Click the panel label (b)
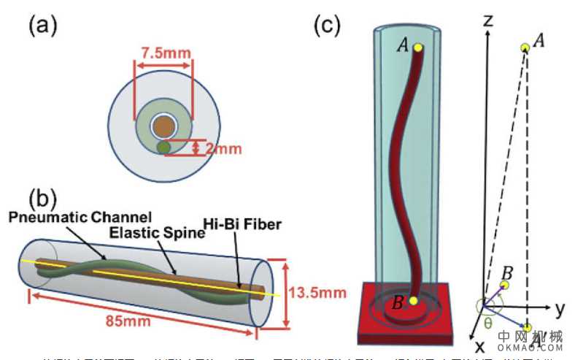(x=42, y=198)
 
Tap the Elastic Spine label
(x=147, y=234)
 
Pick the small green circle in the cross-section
(x=164, y=148)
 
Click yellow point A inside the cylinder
(x=417, y=47)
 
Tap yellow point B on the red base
(x=413, y=301)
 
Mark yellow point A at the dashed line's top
(x=525, y=47)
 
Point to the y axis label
(x=560, y=308)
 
